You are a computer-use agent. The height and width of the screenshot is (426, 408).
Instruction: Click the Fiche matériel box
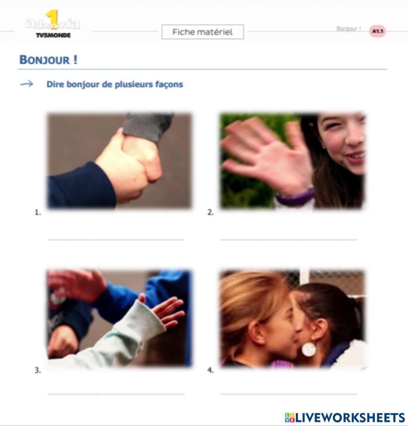pyautogui.click(x=202, y=32)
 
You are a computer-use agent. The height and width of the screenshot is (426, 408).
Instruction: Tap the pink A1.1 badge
pyautogui.click(x=377, y=31)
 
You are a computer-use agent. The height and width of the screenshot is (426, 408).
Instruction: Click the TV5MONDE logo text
pyautogui.click(x=53, y=35)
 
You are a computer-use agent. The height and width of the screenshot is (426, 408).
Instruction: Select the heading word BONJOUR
pyautogui.click(x=45, y=60)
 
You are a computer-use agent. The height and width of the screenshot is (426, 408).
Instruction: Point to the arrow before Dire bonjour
pyautogui.click(x=27, y=84)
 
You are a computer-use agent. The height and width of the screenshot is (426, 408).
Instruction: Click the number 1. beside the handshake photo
pyautogui.click(x=38, y=212)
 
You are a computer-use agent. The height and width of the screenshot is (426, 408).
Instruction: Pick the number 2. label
pyautogui.click(x=211, y=212)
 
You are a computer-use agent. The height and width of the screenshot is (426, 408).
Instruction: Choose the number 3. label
pyautogui.click(x=38, y=371)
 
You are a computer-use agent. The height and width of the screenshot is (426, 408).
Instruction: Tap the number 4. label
pyautogui.click(x=211, y=371)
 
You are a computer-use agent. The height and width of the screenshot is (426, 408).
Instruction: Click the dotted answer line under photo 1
pyautogui.click(x=116, y=240)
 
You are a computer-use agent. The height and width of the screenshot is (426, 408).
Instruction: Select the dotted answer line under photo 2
pyautogui.click(x=289, y=240)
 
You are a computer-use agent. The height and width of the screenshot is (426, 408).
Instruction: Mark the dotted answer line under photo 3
pyautogui.click(x=116, y=394)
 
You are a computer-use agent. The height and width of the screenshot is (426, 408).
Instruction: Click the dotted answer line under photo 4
pyautogui.click(x=289, y=394)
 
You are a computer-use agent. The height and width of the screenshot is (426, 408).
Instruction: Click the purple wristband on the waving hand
pyautogui.click(x=295, y=198)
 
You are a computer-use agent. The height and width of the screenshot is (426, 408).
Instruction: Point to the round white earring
pyautogui.click(x=309, y=349)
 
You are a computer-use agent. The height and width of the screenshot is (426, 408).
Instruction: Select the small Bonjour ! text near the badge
pyautogui.click(x=348, y=29)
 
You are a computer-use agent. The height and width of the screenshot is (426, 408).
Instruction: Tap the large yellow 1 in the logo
pyautogui.click(x=52, y=20)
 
